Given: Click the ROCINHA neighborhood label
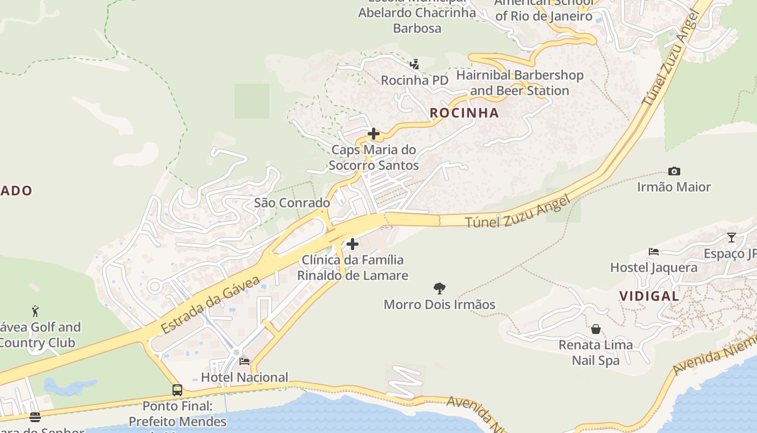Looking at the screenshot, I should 464,113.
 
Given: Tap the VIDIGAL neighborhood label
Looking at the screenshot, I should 649,296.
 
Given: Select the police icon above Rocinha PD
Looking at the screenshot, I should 415,65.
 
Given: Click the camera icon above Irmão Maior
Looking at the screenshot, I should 674,171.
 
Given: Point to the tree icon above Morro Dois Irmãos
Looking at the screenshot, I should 440,288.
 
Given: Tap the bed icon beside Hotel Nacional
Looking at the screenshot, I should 244,361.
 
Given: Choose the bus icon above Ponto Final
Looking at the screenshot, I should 177,390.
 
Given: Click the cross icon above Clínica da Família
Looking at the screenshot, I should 353,244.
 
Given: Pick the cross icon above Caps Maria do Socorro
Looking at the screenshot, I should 374,134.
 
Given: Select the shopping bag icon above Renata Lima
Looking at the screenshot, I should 595,329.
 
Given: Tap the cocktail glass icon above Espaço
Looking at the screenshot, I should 732,237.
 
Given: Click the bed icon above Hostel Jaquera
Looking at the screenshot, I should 653,252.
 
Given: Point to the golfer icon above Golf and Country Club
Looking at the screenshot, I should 35,311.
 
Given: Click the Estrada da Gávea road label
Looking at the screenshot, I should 210,304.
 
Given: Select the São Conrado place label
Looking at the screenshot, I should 292,203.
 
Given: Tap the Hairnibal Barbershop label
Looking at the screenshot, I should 520,83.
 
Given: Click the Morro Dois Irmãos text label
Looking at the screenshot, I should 439,305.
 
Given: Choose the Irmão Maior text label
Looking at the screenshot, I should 674,187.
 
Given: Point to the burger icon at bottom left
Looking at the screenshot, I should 35,417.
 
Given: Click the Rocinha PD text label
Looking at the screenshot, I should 415,81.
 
